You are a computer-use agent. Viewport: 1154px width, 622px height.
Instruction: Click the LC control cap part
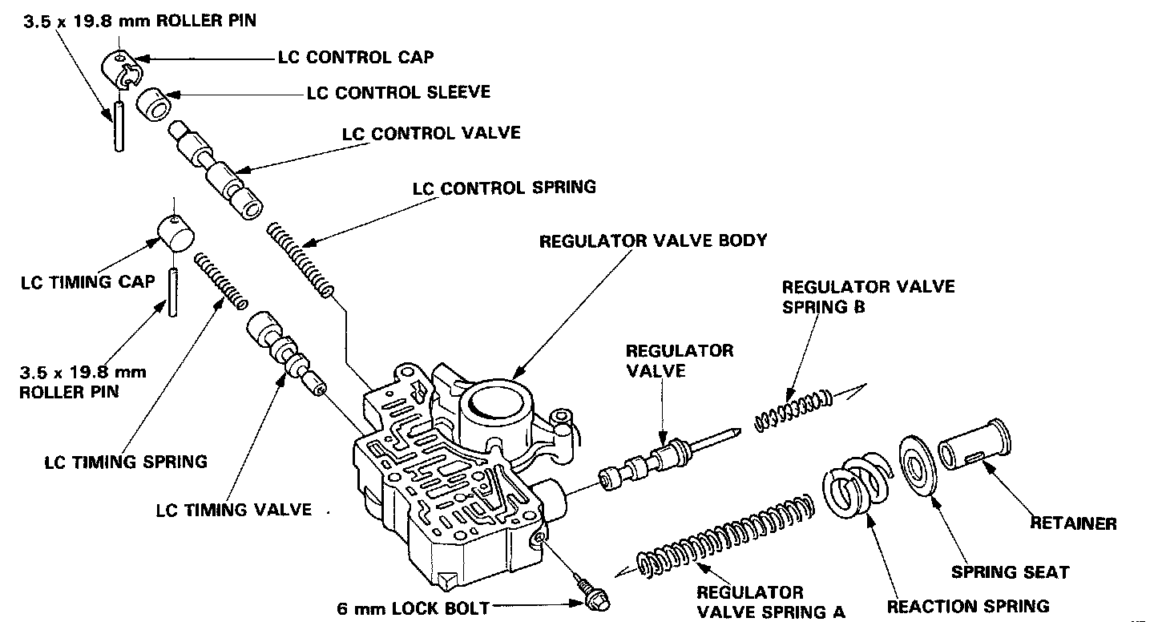pos(119,67)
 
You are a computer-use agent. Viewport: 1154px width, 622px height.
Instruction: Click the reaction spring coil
pos(854,488)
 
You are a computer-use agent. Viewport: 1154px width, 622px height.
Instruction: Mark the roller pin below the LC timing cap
pos(171,293)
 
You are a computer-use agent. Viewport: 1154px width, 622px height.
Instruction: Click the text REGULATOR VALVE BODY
pos(653,240)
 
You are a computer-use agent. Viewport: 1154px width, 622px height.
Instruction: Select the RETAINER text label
pos(1073,523)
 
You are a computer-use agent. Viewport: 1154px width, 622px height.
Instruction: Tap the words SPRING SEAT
pos(1010,572)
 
